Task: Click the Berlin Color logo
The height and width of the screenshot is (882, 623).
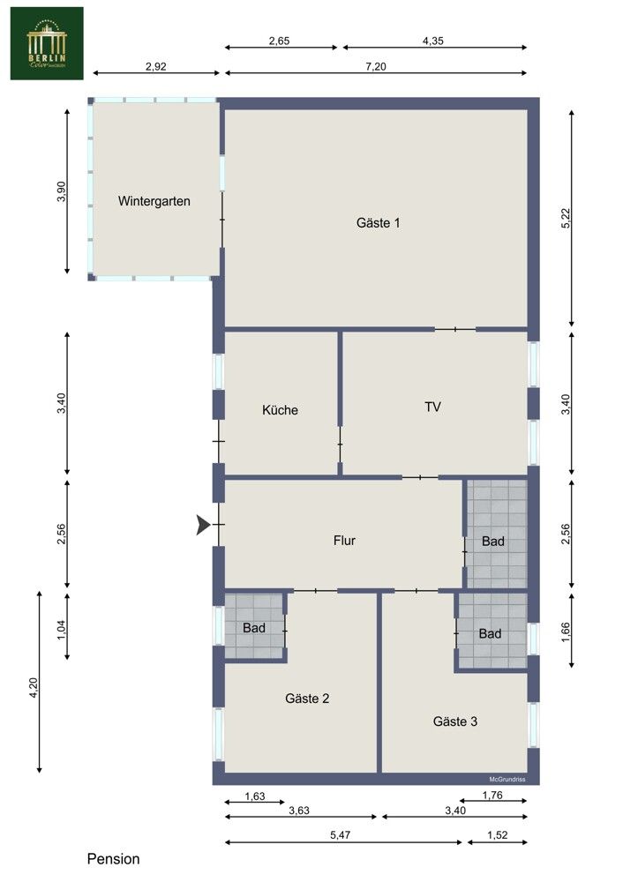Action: pyautogui.click(x=47, y=43)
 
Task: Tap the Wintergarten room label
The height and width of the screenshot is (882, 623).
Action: pyautogui.click(x=154, y=201)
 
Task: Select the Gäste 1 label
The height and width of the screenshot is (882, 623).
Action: pyautogui.click(x=378, y=223)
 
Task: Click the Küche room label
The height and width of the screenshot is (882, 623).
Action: pyautogui.click(x=280, y=410)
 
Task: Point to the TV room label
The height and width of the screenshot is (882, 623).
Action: pyautogui.click(x=432, y=407)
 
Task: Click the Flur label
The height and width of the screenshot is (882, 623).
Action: pyautogui.click(x=344, y=541)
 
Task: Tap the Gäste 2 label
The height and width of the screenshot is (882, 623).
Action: pyautogui.click(x=307, y=699)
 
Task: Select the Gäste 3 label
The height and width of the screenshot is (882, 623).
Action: pyautogui.click(x=455, y=721)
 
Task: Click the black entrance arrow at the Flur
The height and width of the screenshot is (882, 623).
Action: pyautogui.click(x=203, y=526)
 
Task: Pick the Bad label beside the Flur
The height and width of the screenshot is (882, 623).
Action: pyautogui.click(x=493, y=542)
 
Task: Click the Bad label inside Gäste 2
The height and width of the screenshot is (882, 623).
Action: pyautogui.click(x=255, y=627)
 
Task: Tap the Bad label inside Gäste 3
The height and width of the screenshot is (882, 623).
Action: pyautogui.click(x=491, y=633)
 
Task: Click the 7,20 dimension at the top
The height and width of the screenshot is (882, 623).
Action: pyautogui.click(x=376, y=65)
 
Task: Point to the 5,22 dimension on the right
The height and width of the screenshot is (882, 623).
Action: pyautogui.click(x=566, y=219)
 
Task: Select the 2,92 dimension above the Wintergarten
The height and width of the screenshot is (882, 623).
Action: pyautogui.click(x=156, y=65)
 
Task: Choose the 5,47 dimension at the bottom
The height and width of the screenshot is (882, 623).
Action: pyautogui.click(x=344, y=833)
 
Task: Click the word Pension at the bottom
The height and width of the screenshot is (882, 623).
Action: pyautogui.click(x=113, y=859)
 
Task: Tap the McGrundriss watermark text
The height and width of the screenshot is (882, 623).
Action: pyautogui.click(x=507, y=779)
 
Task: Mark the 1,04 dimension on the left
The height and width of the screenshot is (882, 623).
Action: pyautogui.click(x=61, y=628)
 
